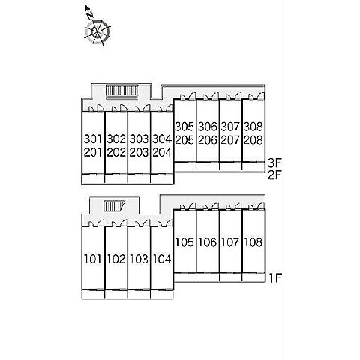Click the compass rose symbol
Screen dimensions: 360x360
97,32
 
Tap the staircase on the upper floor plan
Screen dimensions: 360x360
122,91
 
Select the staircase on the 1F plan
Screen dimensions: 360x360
115,206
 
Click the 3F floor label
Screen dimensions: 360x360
274,163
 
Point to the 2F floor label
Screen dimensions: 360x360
274,175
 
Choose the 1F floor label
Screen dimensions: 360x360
275,277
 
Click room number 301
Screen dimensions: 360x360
93,139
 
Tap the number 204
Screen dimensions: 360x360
162,152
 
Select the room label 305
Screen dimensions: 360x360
184,127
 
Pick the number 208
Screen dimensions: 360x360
253,140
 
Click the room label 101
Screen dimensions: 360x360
93,259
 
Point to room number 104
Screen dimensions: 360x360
162,259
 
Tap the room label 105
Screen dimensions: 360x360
184,242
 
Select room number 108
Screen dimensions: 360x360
253,242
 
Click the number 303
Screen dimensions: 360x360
139,139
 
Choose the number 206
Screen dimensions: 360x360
208,140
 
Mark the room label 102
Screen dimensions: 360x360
116,259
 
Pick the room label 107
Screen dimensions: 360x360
230,242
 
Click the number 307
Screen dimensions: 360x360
230,127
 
